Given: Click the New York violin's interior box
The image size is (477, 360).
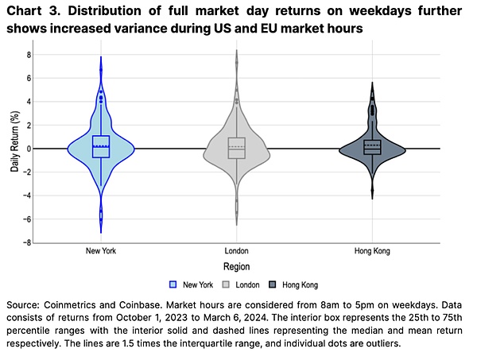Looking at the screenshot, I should [101, 147].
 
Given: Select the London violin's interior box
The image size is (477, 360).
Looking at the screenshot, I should [237, 148].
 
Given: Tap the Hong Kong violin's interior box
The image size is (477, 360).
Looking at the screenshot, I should [372, 147].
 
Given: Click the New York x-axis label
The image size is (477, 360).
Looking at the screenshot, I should [101, 251].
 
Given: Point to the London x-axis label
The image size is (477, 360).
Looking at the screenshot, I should [237, 251].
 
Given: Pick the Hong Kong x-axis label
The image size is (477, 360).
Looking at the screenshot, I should [372, 251].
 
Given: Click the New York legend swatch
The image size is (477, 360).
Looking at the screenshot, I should [173, 285].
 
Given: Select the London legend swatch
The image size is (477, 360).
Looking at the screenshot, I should [226, 285].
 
